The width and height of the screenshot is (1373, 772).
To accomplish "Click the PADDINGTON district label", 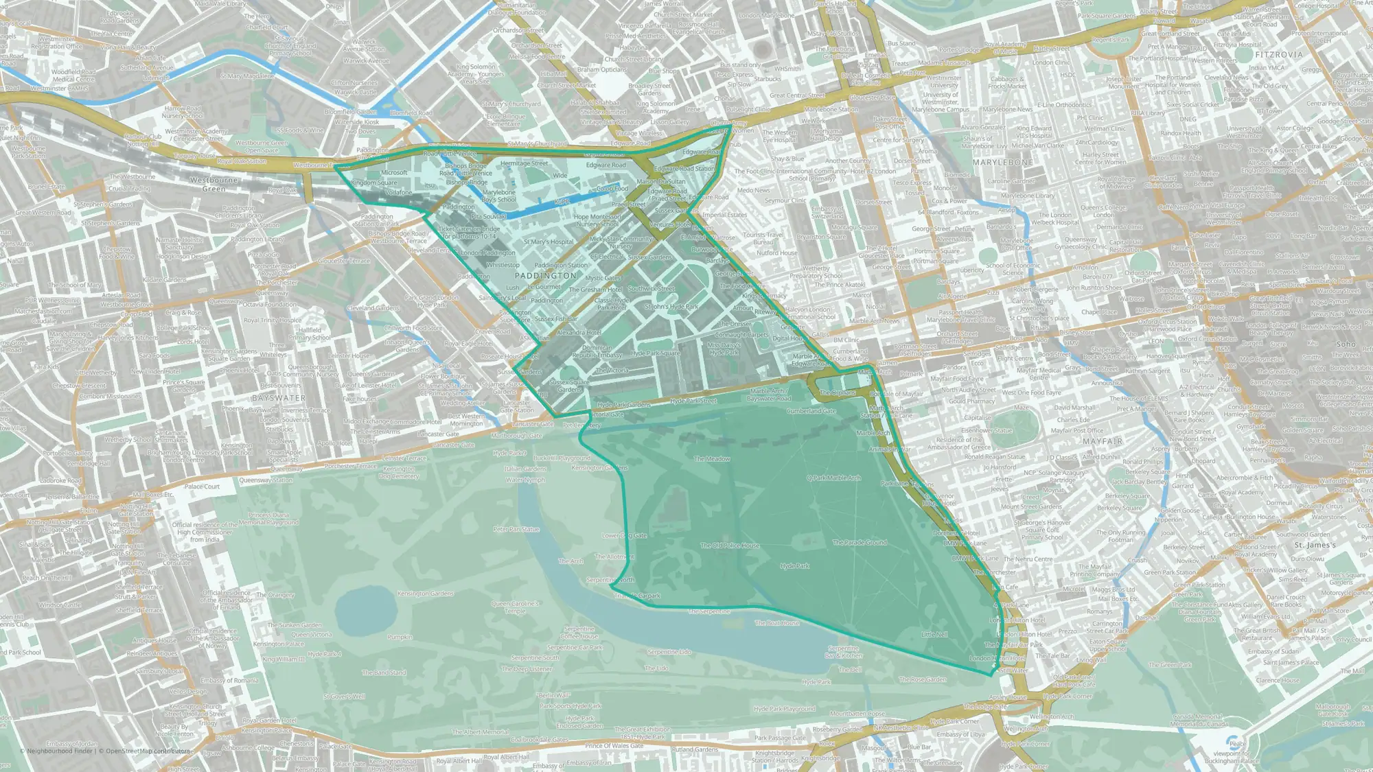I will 546,276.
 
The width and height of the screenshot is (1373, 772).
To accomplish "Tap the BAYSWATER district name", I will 279,398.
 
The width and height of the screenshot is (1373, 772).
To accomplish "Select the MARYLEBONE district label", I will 1003,163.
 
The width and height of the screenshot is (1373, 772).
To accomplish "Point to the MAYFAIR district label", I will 1103,441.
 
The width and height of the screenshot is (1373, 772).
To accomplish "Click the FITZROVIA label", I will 1279,54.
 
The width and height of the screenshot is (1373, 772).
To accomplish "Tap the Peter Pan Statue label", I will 516,529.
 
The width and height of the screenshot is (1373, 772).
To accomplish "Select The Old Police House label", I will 730,546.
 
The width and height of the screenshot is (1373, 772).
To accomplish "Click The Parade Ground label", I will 859,542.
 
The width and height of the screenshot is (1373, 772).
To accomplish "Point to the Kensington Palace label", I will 278,644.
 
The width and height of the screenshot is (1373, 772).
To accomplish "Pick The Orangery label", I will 275,595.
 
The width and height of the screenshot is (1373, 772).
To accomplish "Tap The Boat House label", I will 777,623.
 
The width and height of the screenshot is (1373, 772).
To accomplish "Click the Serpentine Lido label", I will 669,652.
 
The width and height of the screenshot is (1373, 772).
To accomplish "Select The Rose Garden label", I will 923,679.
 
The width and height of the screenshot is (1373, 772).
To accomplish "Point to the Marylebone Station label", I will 831,109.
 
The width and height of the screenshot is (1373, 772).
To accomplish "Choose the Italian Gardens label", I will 526,469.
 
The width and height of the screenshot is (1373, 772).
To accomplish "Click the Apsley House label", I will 1008,697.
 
